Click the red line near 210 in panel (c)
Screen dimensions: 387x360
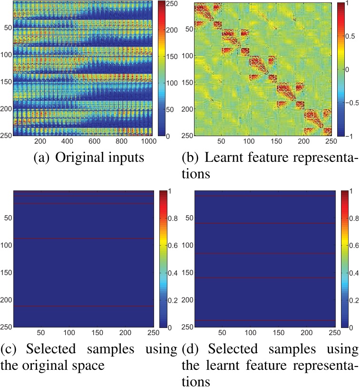[84, 306]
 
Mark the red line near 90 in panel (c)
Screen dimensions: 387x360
[84, 238]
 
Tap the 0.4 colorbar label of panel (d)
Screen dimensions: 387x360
[350, 273]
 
